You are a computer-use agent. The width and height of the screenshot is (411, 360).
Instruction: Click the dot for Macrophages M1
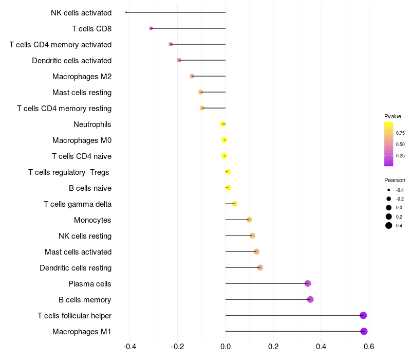coord(364,331)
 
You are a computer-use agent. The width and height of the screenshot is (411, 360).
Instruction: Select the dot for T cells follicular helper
coord(363,315)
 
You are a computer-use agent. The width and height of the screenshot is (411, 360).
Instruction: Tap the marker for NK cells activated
coord(126,12)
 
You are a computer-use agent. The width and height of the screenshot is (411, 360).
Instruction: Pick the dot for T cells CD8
coord(151,28)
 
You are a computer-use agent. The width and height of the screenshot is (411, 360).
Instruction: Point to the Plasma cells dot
coord(308,283)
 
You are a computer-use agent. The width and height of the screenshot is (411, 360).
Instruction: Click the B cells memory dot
coord(310,299)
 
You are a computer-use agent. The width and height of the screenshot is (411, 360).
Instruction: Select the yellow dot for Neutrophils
coord(222,124)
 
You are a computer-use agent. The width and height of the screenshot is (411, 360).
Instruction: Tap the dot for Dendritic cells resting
coord(260,267)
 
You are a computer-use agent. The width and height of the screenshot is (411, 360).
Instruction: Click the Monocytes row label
coord(92,220)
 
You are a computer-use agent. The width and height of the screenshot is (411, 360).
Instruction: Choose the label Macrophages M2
coord(82,77)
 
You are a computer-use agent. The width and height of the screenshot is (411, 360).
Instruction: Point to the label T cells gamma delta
coord(77,204)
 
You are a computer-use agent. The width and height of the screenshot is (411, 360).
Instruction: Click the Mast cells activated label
coord(78,252)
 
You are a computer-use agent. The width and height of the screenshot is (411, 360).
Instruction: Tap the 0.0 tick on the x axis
coord(226,347)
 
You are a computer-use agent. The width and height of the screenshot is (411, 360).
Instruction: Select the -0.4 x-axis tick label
coord(129,347)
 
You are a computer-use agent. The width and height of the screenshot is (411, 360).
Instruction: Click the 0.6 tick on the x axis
coord(369,347)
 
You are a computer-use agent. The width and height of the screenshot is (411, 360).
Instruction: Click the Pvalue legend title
coord(393,116)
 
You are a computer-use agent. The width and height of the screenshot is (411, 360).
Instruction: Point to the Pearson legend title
coord(395,180)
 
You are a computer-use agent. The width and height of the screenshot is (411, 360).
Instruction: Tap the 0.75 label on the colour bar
coord(400,133)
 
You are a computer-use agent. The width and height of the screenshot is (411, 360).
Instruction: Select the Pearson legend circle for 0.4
coord(389,225)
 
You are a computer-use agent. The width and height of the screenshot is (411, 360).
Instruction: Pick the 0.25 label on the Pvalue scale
coord(400,155)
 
